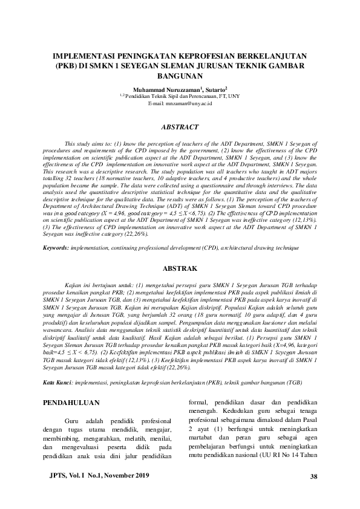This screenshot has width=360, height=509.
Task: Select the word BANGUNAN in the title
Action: [x=180, y=76]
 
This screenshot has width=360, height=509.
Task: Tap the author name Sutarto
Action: [x=213, y=88]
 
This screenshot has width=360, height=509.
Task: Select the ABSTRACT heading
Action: [x=180, y=128]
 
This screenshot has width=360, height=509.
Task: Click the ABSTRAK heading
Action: [x=180, y=267]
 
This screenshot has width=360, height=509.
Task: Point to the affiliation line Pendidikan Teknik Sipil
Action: [x=182, y=96]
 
